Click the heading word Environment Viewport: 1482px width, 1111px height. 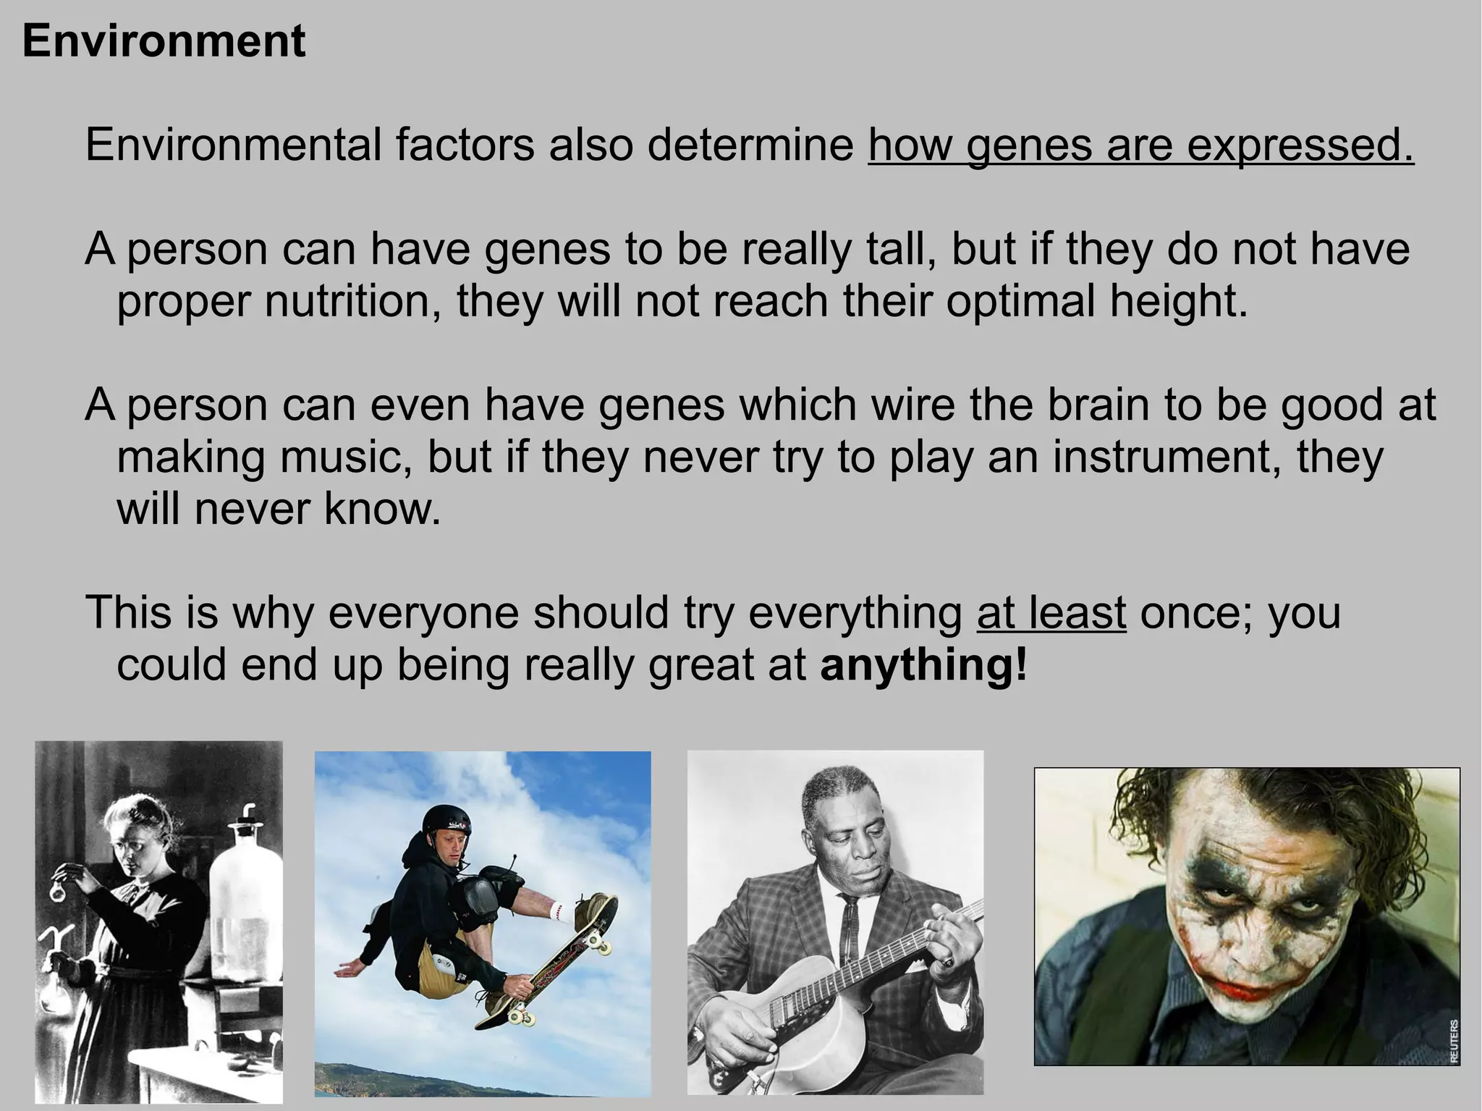tap(164, 41)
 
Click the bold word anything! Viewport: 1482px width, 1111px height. tap(923, 664)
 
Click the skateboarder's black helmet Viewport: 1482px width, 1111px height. tap(446, 823)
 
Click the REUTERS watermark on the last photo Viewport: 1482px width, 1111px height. tap(1452, 1041)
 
